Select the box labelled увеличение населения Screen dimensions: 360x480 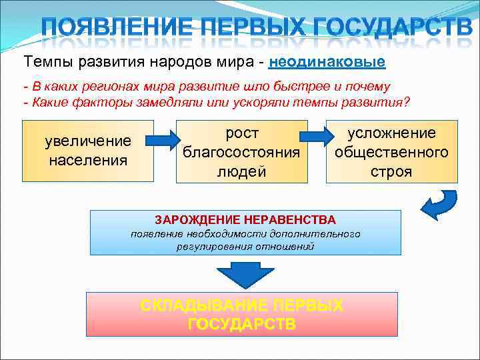pyautogui.click(x=88, y=151)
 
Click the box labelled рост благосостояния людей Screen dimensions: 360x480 pyautogui.click(x=241, y=151)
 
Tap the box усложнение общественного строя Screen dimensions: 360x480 pyautogui.click(x=391, y=151)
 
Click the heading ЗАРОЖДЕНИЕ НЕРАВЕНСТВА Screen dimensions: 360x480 pyautogui.click(x=245, y=219)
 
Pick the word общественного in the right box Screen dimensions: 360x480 pyautogui.click(x=391, y=152)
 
